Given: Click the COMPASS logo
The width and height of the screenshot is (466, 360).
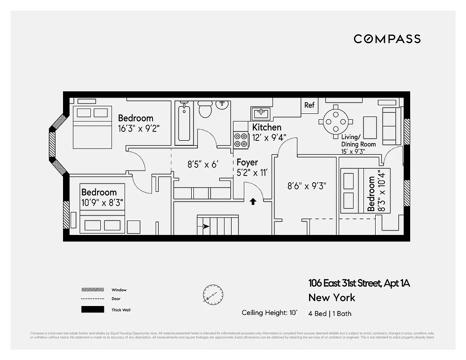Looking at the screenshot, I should [387, 39].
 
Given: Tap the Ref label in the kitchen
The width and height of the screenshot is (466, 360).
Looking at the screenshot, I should [309, 105].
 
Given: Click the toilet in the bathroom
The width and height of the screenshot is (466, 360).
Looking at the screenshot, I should [205, 109].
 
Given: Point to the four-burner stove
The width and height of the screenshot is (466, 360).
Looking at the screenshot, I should [241, 139].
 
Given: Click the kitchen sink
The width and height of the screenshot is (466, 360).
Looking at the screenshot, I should [260, 112].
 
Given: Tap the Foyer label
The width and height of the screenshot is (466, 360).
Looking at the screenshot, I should [247, 162].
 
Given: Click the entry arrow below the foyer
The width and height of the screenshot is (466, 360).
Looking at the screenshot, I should [253, 202].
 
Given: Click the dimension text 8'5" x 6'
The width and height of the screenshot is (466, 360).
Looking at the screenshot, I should [202, 164].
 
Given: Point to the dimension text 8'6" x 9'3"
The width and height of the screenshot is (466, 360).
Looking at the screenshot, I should [307, 185].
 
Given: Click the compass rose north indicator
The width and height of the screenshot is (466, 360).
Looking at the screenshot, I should [213, 294].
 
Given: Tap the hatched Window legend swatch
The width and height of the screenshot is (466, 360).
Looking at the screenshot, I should [92, 290].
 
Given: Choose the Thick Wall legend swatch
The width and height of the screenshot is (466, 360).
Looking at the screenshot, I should [92, 310].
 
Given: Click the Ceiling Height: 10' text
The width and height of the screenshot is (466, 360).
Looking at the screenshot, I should [269, 313].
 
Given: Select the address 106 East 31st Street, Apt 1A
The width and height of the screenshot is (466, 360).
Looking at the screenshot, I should [359, 283].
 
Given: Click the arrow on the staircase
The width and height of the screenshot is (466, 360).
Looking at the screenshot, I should [206, 227].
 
